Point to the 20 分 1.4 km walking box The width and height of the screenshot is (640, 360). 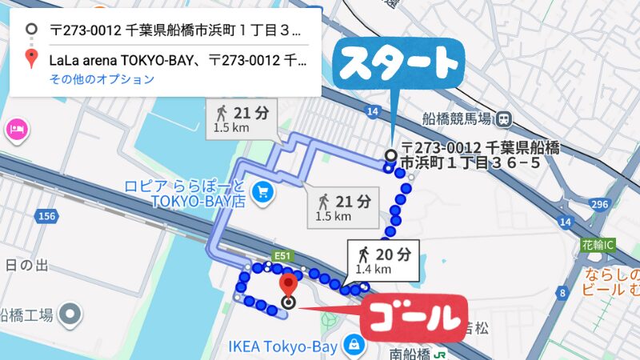(383, 260)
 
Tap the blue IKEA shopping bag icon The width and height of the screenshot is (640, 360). (351, 345)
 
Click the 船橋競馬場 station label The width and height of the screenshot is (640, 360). (456, 119)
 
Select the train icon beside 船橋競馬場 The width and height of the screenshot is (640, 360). (503, 119)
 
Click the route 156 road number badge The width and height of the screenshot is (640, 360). (47, 217)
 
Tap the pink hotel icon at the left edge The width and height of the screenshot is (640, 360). (15, 128)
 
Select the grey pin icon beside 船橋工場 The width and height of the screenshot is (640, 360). (71, 313)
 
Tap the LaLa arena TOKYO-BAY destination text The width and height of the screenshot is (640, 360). (175, 58)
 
